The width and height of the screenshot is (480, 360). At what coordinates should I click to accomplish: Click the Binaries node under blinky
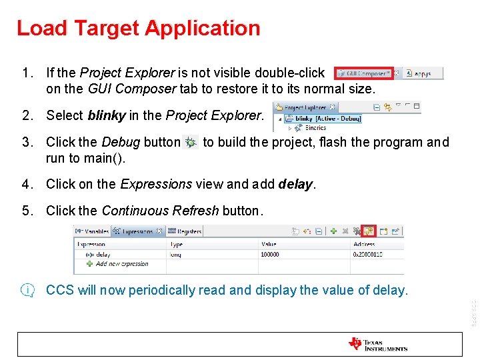(315, 127)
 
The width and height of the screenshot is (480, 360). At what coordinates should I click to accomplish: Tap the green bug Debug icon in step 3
(191, 143)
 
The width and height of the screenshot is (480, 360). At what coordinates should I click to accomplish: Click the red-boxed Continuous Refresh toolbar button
(368, 231)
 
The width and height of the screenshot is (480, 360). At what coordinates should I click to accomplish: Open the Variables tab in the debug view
(91, 231)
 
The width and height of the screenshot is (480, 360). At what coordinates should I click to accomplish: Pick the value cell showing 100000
(271, 254)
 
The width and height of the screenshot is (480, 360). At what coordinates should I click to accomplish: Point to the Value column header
(269, 245)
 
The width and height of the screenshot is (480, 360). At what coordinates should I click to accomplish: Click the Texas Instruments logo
(377, 345)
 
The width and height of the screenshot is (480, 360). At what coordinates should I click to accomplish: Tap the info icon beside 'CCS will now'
(28, 290)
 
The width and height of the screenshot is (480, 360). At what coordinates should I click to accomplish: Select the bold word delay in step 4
(296, 184)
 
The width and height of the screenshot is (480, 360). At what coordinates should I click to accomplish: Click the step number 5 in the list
(26, 211)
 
